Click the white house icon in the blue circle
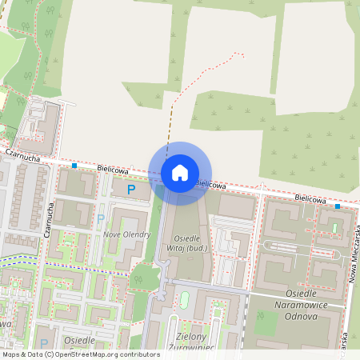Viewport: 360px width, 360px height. pyautogui.click(x=180, y=172)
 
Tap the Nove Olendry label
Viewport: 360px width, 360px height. pyautogui.click(x=127, y=234)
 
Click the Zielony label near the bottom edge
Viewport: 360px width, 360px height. pyautogui.click(x=187, y=338)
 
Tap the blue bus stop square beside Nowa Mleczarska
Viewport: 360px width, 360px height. pyautogui.click(x=338, y=206)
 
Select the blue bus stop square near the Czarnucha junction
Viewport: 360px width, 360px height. pyautogui.click(x=74, y=166)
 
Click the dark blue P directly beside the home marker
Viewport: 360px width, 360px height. pyautogui.click(x=130, y=189)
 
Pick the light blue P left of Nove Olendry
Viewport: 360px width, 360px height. pyautogui.click(x=101, y=218)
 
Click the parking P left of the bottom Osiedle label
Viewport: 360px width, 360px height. pyautogui.click(x=44, y=330)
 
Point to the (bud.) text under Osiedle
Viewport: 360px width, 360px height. pyautogui.click(x=211, y=250)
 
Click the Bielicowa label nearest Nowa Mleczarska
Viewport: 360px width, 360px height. pyautogui.click(x=310, y=198)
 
